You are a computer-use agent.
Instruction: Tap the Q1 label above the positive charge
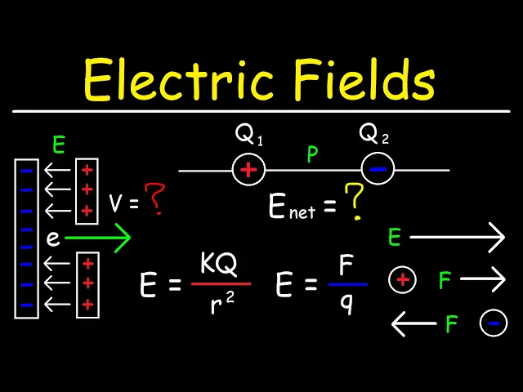coord(248,136)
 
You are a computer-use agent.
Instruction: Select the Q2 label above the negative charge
coord(373,136)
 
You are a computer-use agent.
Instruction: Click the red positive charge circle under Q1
coord(248,170)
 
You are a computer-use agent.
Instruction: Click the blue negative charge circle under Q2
coord(377,170)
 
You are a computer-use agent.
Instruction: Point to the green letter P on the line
coord(312,155)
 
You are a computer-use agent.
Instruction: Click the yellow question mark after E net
coord(353,204)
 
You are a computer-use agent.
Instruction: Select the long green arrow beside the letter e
coord(96,238)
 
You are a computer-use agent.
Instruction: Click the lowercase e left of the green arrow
coord(52,238)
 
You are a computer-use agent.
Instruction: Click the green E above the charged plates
coord(58,145)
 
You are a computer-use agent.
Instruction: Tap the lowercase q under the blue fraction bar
coord(347,303)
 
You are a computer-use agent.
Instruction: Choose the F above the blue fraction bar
coord(347,265)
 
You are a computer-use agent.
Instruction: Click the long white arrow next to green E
coord(458,238)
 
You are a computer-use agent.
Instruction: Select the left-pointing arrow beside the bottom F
coord(413,324)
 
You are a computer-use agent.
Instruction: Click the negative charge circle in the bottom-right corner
coord(493,324)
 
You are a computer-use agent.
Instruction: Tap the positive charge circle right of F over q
coord(402,280)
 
